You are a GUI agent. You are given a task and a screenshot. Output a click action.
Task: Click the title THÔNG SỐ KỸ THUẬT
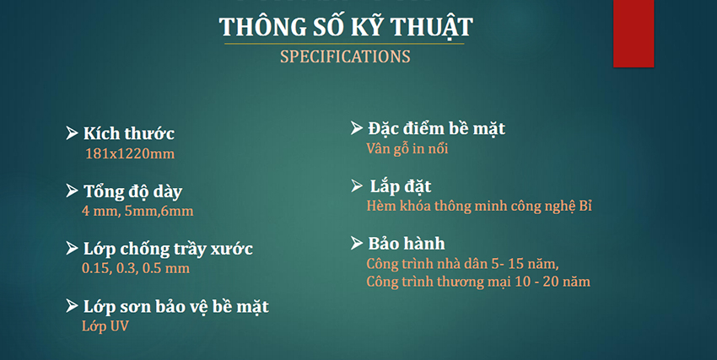[x=346, y=27]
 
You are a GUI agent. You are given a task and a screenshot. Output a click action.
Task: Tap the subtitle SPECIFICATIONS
[x=345, y=57]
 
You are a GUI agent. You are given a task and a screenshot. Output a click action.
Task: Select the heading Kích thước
[x=129, y=133]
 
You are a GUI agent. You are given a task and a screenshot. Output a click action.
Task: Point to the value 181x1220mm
[x=129, y=153]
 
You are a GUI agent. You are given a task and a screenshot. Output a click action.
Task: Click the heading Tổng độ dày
[x=132, y=191]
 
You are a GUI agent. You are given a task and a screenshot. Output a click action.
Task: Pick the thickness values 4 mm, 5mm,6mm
[x=137, y=211]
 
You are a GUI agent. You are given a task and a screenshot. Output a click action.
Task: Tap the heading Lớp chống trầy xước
[x=168, y=249]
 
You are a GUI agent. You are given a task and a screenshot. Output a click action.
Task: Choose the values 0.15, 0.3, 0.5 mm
[x=135, y=268]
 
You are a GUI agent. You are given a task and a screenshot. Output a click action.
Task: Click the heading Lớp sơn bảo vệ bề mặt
[x=176, y=306]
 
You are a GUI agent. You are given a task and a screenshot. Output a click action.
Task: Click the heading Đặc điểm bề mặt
[x=436, y=129]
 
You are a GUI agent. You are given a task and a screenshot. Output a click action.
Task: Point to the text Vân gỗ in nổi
[x=407, y=148]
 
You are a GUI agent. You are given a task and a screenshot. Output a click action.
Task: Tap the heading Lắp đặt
[x=401, y=186]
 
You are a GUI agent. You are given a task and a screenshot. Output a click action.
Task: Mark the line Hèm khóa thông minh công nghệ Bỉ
[x=479, y=206]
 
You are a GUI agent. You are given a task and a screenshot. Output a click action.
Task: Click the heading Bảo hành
[x=406, y=244]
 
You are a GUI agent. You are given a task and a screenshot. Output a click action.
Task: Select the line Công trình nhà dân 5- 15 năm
[x=462, y=264]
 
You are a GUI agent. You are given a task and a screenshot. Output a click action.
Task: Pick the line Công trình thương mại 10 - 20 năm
[x=477, y=282]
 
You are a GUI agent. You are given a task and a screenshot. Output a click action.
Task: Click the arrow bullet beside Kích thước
[x=73, y=132]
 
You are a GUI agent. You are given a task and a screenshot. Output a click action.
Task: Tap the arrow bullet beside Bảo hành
[x=357, y=244]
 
